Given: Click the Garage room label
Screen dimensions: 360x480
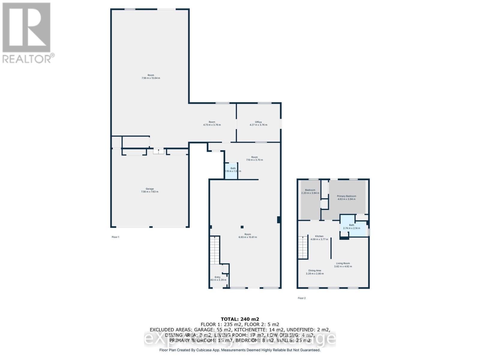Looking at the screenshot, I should [x=150, y=189].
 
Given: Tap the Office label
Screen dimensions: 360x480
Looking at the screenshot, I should [x=258, y=122].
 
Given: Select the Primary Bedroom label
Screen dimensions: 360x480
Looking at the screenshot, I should [x=346, y=196].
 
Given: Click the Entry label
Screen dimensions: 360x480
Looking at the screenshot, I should [x=217, y=277].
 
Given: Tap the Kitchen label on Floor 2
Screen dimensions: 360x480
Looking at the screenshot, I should [x=319, y=236].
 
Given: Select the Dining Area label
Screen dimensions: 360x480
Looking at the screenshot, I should [x=314, y=271].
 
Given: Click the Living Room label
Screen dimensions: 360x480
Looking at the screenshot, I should [x=343, y=263].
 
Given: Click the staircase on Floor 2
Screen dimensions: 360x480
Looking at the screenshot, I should [x=303, y=247].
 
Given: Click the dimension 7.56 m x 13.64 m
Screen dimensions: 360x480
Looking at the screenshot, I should [x=151, y=78].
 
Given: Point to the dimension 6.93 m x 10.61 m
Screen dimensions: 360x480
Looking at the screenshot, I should [x=247, y=237].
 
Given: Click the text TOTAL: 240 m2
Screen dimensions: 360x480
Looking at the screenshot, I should [x=240, y=319].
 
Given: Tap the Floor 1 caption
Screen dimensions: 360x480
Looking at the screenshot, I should [x=115, y=237].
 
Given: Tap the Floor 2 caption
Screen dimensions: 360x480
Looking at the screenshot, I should [x=301, y=298].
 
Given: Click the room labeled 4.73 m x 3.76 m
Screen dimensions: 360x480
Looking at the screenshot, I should [x=212, y=123].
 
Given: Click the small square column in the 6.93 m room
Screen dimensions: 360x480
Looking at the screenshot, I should [x=242, y=227].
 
